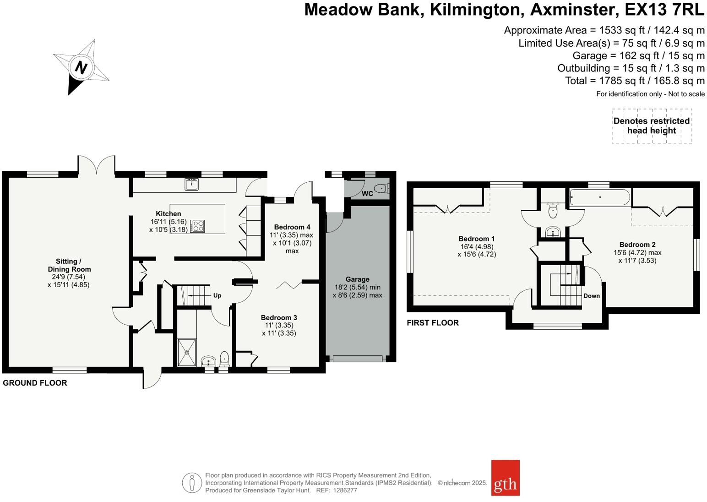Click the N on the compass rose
(x=81, y=68)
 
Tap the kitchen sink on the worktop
(x=192, y=184)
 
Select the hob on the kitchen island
(x=197, y=226)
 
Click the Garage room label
(x=357, y=279)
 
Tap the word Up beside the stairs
(x=217, y=295)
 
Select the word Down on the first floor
(x=591, y=296)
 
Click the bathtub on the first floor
(x=599, y=198)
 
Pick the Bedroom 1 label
(x=476, y=239)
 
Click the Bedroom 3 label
(x=279, y=317)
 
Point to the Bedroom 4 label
(x=292, y=227)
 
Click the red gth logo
(x=505, y=478)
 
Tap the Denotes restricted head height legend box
(x=652, y=126)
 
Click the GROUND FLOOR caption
(x=35, y=383)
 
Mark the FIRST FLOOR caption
(x=432, y=323)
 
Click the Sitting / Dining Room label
(x=69, y=265)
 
